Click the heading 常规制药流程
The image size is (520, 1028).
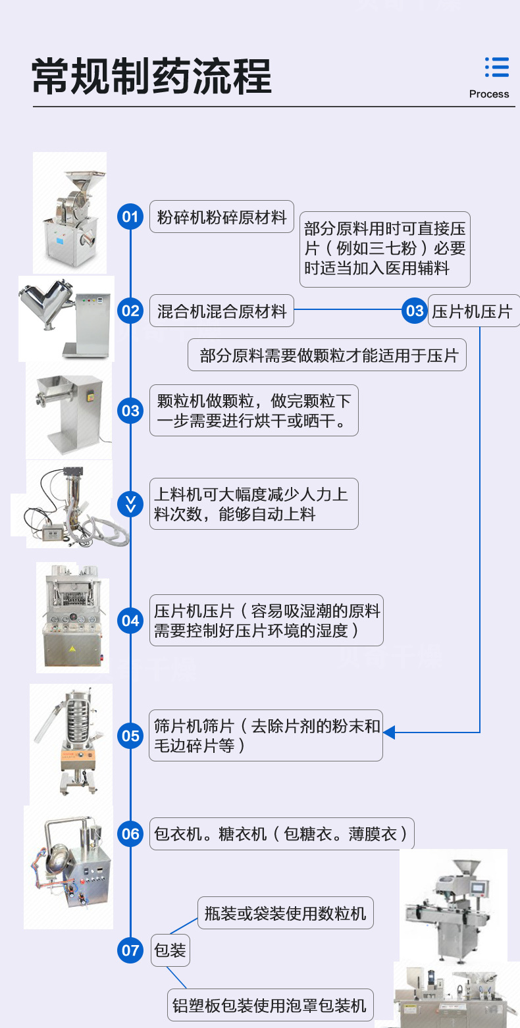(x=152, y=77)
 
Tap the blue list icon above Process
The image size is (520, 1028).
(x=496, y=68)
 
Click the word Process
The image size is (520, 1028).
(x=489, y=94)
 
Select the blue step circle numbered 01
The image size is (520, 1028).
(x=130, y=217)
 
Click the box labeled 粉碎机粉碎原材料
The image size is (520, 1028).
(x=222, y=217)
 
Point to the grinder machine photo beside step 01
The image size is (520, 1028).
(x=70, y=212)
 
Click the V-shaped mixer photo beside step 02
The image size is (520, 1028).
(x=66, y=318)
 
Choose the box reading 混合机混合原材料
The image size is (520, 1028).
(x=222, y=311)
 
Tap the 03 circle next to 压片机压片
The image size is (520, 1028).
(x=415, y=311)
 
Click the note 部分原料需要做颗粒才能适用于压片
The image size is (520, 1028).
(x=327, y=355)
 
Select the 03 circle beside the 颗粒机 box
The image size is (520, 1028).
(x=130, y=411)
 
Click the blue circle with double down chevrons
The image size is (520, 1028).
(x=130, y=504)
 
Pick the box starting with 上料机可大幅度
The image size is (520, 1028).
(x=253, y=503)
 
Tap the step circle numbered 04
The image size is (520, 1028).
(x=130, y=621)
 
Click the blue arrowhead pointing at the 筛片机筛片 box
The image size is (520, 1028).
(x=389, y=732)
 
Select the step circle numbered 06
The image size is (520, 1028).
(x=130, y=834)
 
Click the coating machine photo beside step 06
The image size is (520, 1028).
(x=68, y=867)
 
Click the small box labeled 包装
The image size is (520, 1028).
(x=170, y=950)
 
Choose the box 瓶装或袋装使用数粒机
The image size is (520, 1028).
(x=286, y=913)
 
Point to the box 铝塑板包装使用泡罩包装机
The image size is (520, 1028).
(x=270, y=1006)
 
